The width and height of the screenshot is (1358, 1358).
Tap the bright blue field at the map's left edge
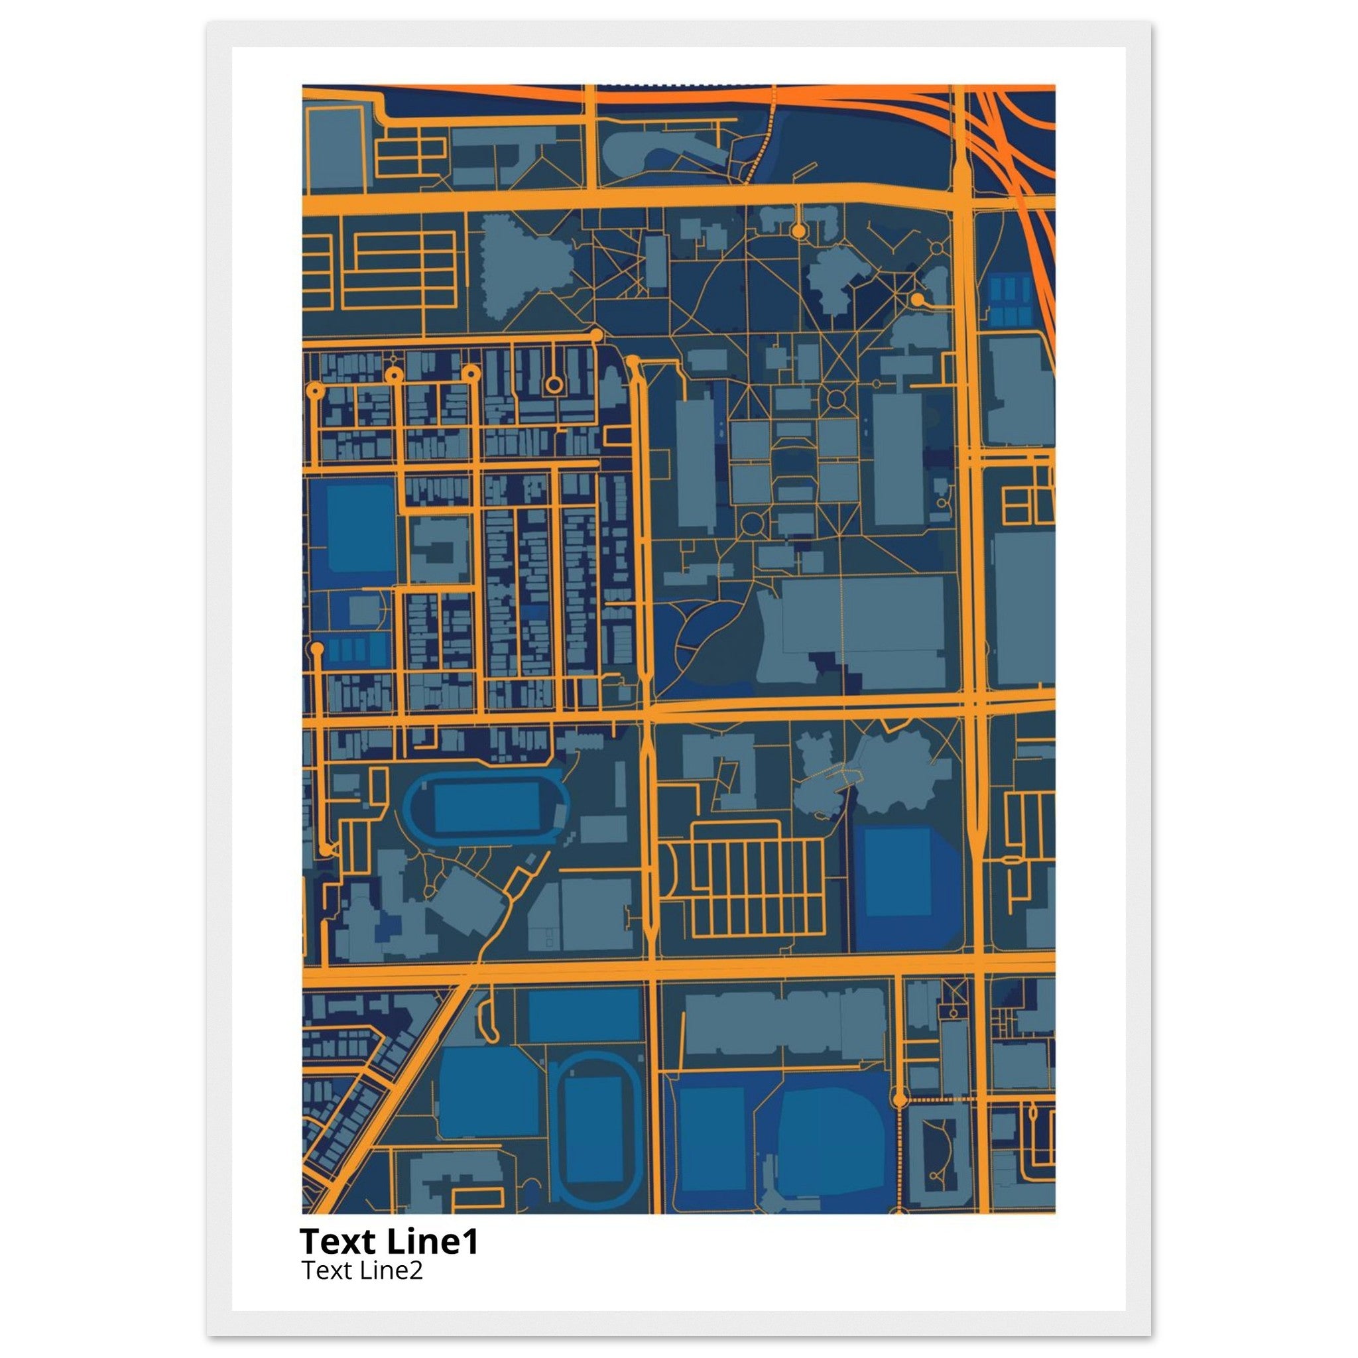pos(360,528)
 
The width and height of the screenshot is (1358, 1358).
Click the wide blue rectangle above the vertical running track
pos(584,1016)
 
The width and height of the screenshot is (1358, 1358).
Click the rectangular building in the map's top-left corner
pos(336,149)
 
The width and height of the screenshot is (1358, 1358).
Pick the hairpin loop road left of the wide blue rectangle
pos(485,1019)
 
